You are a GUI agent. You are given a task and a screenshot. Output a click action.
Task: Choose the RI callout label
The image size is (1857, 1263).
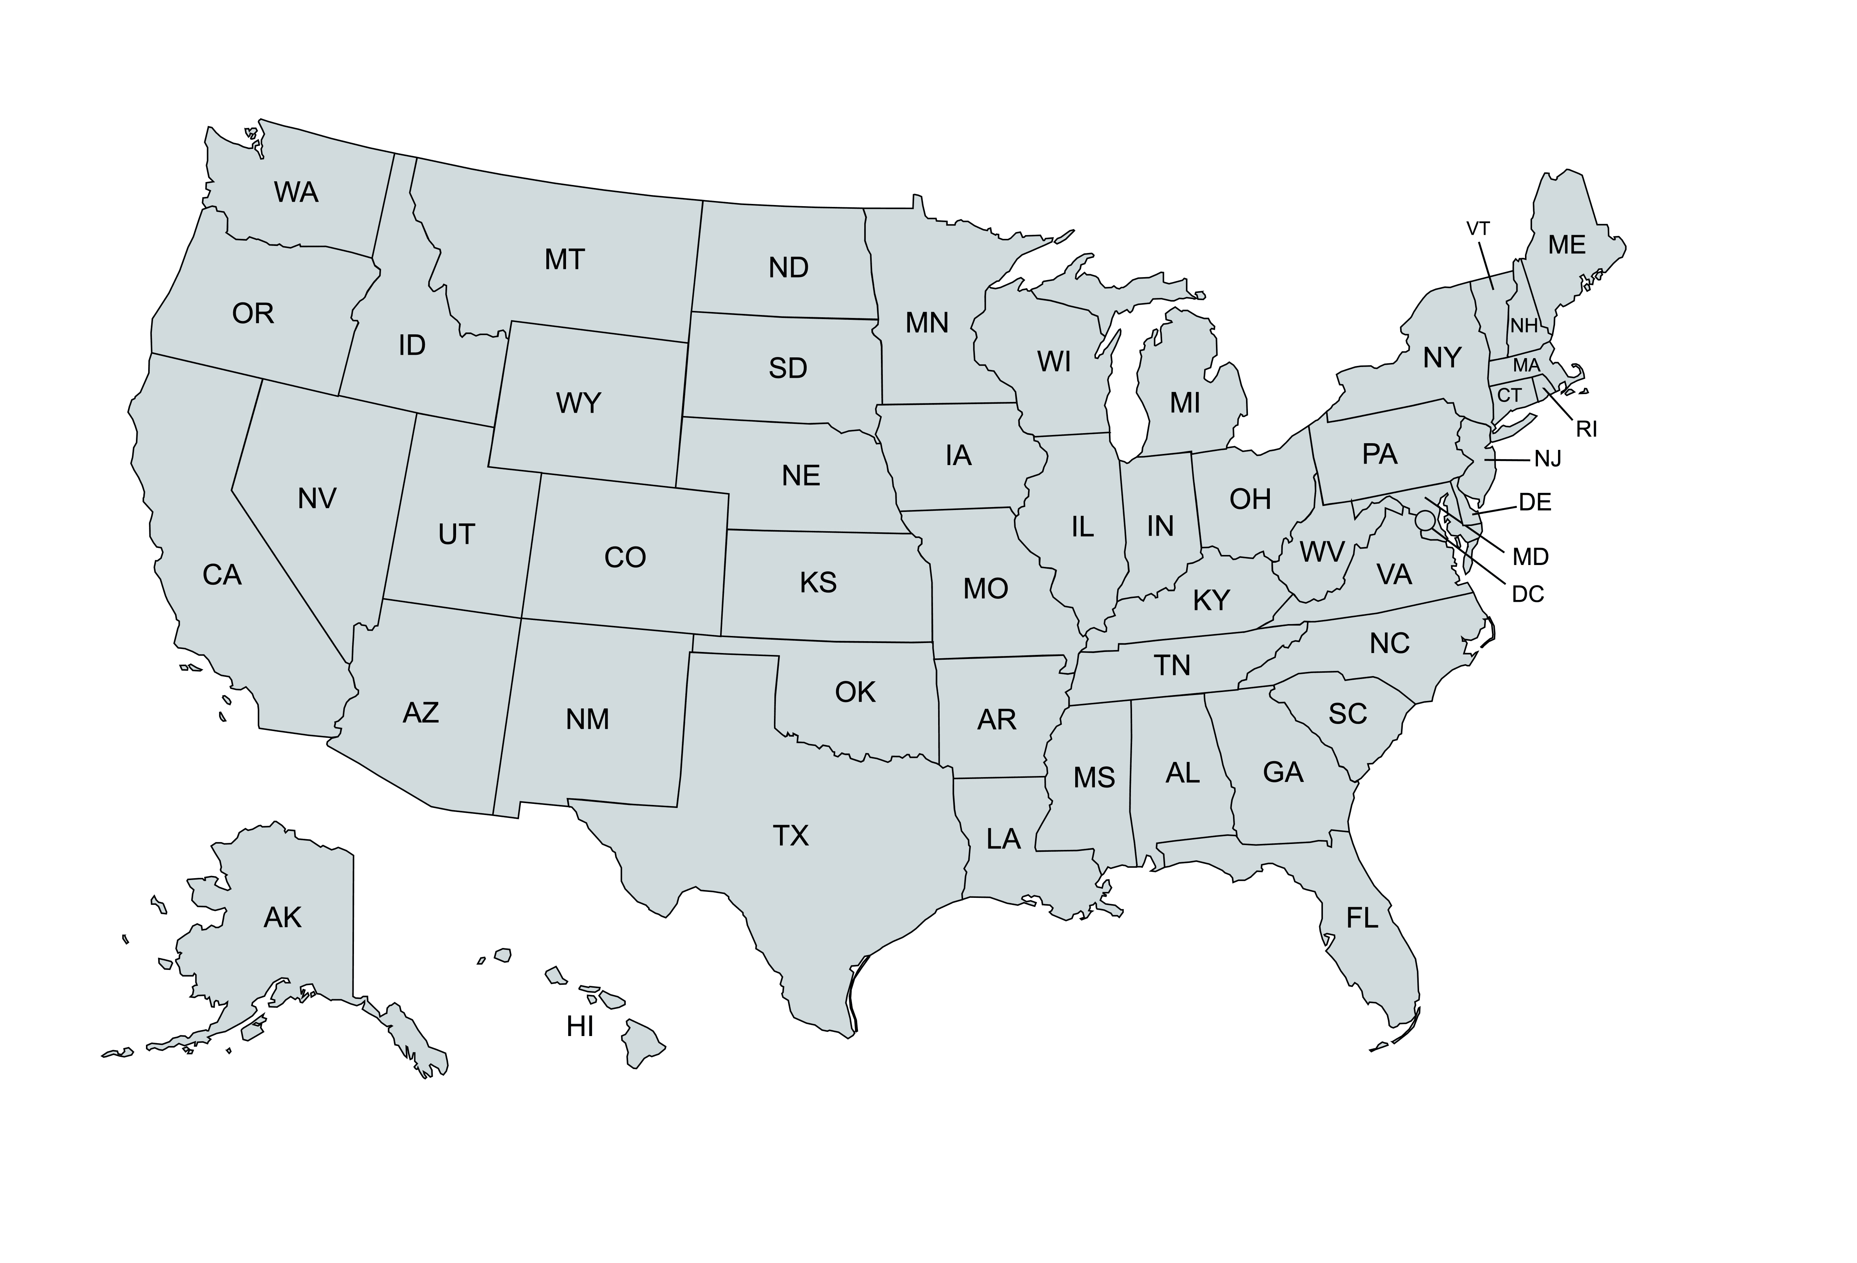point(1586,429)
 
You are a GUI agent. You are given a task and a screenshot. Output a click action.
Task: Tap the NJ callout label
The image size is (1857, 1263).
point(1548,460)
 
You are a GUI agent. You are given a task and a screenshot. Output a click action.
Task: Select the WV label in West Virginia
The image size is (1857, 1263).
point(1322,552)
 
